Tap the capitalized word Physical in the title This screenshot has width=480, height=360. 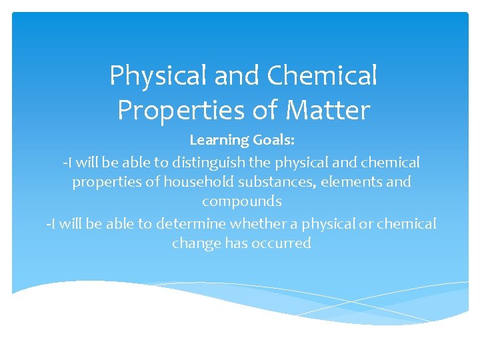[158, 76]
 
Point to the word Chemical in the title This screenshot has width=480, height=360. [322, 76]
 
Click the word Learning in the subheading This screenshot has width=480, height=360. [218, 140]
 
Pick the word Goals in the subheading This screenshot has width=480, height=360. [271, 140]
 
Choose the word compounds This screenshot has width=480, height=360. [241, 201]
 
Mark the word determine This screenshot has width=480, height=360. [191, 223]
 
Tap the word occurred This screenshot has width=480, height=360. [283, 243]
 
